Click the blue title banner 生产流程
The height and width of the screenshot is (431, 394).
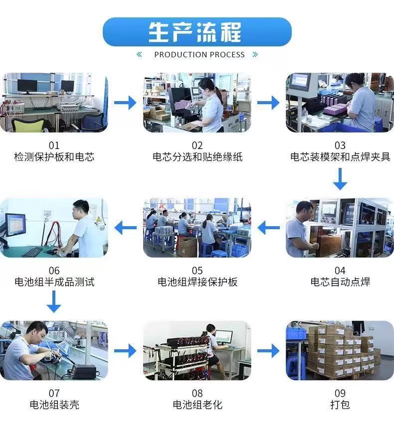(x=197, y=32)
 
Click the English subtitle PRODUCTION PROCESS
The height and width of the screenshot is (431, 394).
(x=199, y=55)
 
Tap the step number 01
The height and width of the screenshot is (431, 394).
(x=54, y=145)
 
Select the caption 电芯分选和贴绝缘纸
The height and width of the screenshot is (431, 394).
(x=197, y=157)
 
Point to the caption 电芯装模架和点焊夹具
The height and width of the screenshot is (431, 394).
(x=340, y=157)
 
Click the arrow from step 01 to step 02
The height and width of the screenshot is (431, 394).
(x=125, y=103)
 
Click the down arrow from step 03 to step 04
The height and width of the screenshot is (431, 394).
(x=340, y=179)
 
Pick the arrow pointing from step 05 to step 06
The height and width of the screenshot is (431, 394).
(x=126, y=228)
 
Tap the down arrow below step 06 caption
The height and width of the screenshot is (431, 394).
(x=54, y=302)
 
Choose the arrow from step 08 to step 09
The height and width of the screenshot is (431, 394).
(x=268, y=351)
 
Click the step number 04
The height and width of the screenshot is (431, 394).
(x=340, y=271)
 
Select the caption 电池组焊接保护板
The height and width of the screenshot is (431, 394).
(x=197, y=282)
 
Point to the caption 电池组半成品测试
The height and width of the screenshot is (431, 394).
(x=54, y=282)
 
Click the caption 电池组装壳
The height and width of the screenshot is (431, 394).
(x=54, y=405)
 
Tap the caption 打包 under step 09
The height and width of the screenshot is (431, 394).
(x=340, y=405)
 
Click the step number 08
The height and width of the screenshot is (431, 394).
(x=197, y=393)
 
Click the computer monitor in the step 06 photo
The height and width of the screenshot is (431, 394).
(x=15, y=225)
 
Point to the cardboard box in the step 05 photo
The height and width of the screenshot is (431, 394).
(x=188, y=247)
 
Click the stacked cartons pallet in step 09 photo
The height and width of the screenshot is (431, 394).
(x=344, y=351)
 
